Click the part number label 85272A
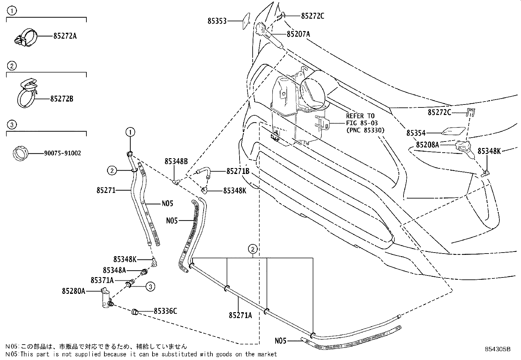click(65, 36)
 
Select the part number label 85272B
click(62, 99)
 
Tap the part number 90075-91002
click(63, 153)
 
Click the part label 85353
click(217, 21)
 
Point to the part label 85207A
click(298, 34)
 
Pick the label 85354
click(416, 133)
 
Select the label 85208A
click(427, 145)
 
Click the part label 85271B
click(238, 171)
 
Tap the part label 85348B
click(176, 161)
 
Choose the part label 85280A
click(74, 291)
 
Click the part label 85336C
click(165, 311)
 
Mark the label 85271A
click(241, 315)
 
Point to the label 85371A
click(102, 280)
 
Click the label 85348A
click(115, 270)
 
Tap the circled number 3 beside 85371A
click(150, 287)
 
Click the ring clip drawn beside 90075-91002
click(21, 153)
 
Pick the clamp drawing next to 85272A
click(26, 38)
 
